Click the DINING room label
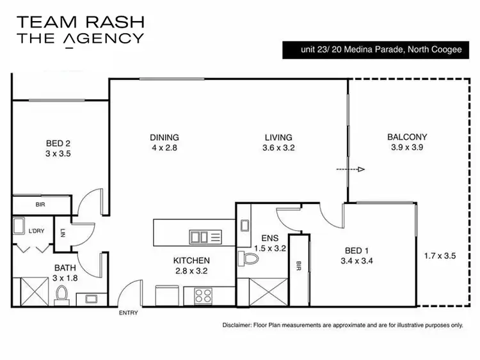click(164, 137)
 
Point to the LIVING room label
click(278, 137)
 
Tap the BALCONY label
click(407, 137)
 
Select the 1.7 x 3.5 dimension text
click(440, 256)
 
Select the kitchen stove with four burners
click(203, 295)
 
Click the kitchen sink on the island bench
click(205, 237)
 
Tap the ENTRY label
click(129, 313)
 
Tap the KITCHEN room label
click(191, 260)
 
